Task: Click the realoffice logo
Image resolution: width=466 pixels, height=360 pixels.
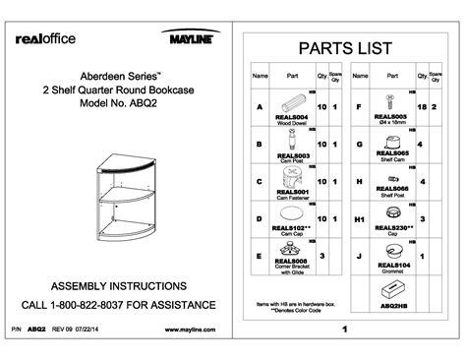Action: (45, 38)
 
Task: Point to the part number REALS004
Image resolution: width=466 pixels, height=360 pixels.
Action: (293, 118)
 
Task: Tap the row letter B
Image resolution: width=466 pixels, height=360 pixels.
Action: (259, 145)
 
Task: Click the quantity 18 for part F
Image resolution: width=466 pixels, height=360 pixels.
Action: (421, 106)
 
